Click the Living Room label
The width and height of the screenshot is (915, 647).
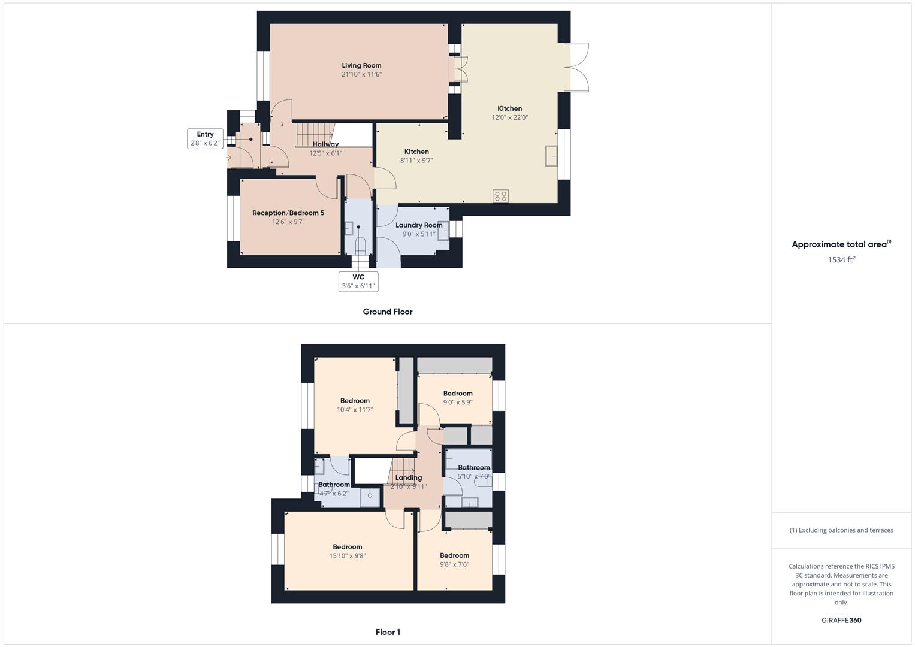click(361, 65)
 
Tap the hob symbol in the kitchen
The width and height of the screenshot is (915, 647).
click(500, 196)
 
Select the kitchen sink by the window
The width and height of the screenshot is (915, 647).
click(551, 156)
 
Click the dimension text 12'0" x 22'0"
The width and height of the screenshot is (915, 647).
click(509, 117)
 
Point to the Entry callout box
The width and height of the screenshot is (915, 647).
click(205, 138)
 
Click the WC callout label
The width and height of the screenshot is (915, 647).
click(358, 277)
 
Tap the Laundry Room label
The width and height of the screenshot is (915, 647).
click(419, 225)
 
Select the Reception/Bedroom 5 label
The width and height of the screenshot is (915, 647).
click(288, 213)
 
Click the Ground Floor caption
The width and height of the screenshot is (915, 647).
click(388, 312)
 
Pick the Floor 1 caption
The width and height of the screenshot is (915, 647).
click(388, 632)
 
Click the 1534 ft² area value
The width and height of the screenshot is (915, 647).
click(841, 259)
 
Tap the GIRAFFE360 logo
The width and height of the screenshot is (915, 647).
click(841, 621)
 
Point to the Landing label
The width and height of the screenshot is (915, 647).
click(409, 477)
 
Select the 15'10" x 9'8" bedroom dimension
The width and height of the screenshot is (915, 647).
click(347, 556)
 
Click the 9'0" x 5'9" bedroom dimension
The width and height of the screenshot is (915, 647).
click(458, 403)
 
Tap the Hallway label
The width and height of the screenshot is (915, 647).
click(325, 144)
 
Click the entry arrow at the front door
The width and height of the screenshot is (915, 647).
click(229, 158)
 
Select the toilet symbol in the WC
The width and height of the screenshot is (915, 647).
click(360, 246)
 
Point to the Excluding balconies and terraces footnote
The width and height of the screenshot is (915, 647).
click(841, 530)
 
